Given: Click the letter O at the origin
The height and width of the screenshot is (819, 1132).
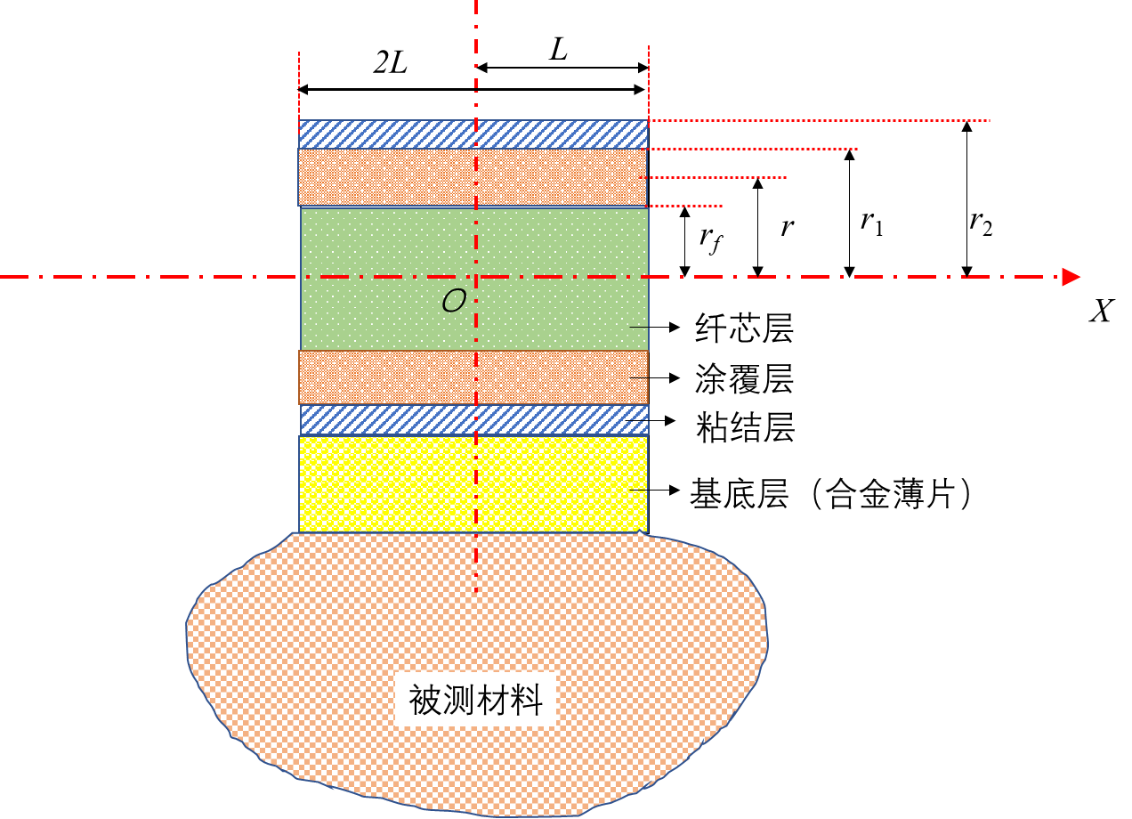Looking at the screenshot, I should click(x=454, y=302).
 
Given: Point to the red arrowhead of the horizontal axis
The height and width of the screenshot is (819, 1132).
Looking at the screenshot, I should click(x=1071, y=277).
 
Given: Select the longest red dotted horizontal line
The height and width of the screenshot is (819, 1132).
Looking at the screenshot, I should click(x=819, y=120).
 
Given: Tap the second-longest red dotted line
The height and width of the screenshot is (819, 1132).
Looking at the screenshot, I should click(x=752, y=149).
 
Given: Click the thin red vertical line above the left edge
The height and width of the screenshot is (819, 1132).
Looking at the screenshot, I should click(x=299, y=85).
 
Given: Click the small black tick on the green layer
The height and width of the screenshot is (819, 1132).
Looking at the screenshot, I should click(x=639, y=327).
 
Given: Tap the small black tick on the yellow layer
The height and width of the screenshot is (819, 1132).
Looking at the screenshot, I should click(x=639, y=490).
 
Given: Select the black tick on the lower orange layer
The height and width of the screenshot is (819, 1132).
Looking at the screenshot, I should click(x=639, y=377).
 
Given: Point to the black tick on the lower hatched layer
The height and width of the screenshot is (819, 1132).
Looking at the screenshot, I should click(x=637, y=420).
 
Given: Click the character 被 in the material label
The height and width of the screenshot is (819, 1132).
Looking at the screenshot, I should click(x=424, y=700).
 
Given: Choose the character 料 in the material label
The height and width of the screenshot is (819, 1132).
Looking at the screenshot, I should click(x=527, y=700).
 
